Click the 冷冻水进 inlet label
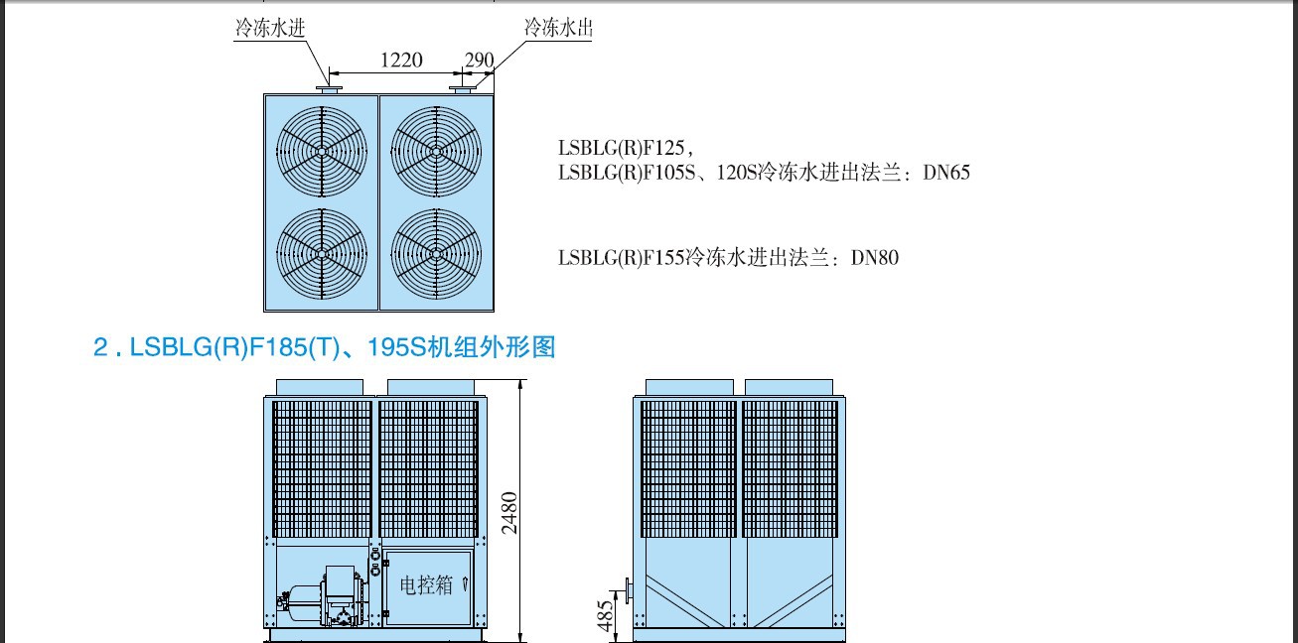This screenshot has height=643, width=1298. coord(270,27)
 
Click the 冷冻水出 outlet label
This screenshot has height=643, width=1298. coord(558,27)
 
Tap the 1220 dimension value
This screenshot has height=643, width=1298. coord(401,60)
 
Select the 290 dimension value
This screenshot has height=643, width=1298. coord(479,60)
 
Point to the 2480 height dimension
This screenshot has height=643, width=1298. coord(508,512)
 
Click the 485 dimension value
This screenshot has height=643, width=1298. coord(605,615)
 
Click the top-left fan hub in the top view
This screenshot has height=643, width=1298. coord(322,152)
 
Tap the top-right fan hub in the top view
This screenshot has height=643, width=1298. coord(436,152)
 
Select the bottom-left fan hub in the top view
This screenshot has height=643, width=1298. coord(322,253)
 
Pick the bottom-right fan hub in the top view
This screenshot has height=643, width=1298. coord(436,253)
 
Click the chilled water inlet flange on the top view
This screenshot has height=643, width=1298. coord(329,89)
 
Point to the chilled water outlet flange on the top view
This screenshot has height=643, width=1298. coord(462,89)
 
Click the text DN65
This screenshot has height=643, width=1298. coord(945,173)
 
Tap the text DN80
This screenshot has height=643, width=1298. coord(874,258)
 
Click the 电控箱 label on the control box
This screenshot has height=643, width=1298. coord(426,585)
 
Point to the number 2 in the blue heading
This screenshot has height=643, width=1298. coord(100,347)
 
